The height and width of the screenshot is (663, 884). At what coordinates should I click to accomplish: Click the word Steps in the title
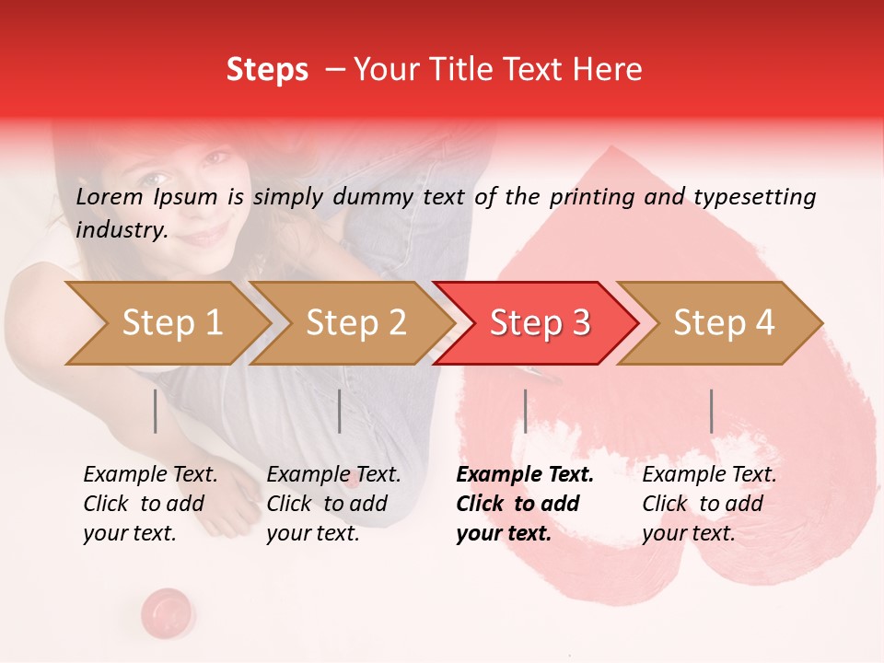click(267, 70)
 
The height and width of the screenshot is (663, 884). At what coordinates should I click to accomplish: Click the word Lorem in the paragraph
click(110, 196)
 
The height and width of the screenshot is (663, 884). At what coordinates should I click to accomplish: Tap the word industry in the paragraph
click(121, 230)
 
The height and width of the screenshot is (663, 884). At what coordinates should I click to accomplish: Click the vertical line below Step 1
click(156, 411)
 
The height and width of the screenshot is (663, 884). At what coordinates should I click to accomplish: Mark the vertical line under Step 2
click(340, 411)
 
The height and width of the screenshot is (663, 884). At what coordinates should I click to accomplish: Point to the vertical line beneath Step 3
click(525, 411)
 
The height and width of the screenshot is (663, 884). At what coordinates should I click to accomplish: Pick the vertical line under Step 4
click(711, 411)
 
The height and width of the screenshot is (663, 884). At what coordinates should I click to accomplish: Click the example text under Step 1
click(150, 504)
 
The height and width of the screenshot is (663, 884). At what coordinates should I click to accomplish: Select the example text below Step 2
click(333, 504)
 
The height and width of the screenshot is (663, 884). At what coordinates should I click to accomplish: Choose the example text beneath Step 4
click(709, 504)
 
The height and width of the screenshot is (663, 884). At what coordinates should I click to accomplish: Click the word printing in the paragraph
click(589, 196)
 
